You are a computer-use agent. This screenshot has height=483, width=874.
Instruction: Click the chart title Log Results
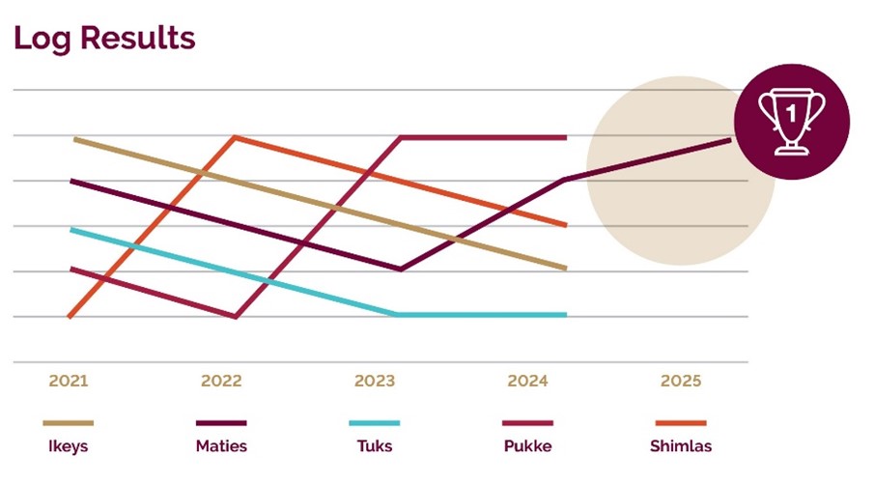(104, 38)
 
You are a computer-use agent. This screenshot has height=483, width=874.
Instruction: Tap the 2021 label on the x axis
(69, 381)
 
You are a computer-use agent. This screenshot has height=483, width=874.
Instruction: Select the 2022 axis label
(221, 381)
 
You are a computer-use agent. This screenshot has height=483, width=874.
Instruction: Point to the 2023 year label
(375, 381)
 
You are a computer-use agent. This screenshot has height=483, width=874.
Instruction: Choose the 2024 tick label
(527, 381)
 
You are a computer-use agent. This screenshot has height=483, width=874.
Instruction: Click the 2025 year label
(681, 381)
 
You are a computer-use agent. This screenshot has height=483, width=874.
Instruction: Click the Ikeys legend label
(68, 446)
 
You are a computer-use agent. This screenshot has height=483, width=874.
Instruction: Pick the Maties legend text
(221, 446)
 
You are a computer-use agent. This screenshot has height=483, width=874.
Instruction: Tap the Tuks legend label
(374, 446)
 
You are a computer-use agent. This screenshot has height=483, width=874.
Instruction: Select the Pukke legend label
(527, 446)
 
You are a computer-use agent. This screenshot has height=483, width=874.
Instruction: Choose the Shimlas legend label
(680, 446)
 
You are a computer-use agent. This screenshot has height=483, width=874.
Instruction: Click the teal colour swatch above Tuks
(374, 423)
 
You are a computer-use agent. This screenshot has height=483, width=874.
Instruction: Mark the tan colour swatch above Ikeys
(68, 423)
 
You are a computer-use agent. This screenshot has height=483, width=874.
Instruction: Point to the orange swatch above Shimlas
(680, 423)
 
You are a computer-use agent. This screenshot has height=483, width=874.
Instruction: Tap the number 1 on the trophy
(792, 114)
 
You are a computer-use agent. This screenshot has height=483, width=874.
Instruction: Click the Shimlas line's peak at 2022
(236, 137)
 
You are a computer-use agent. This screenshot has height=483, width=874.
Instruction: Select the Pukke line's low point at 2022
(236, 316)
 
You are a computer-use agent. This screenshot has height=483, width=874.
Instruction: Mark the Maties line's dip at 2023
(401, 270)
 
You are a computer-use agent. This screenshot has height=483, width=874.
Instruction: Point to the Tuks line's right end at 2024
(565, 315)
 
